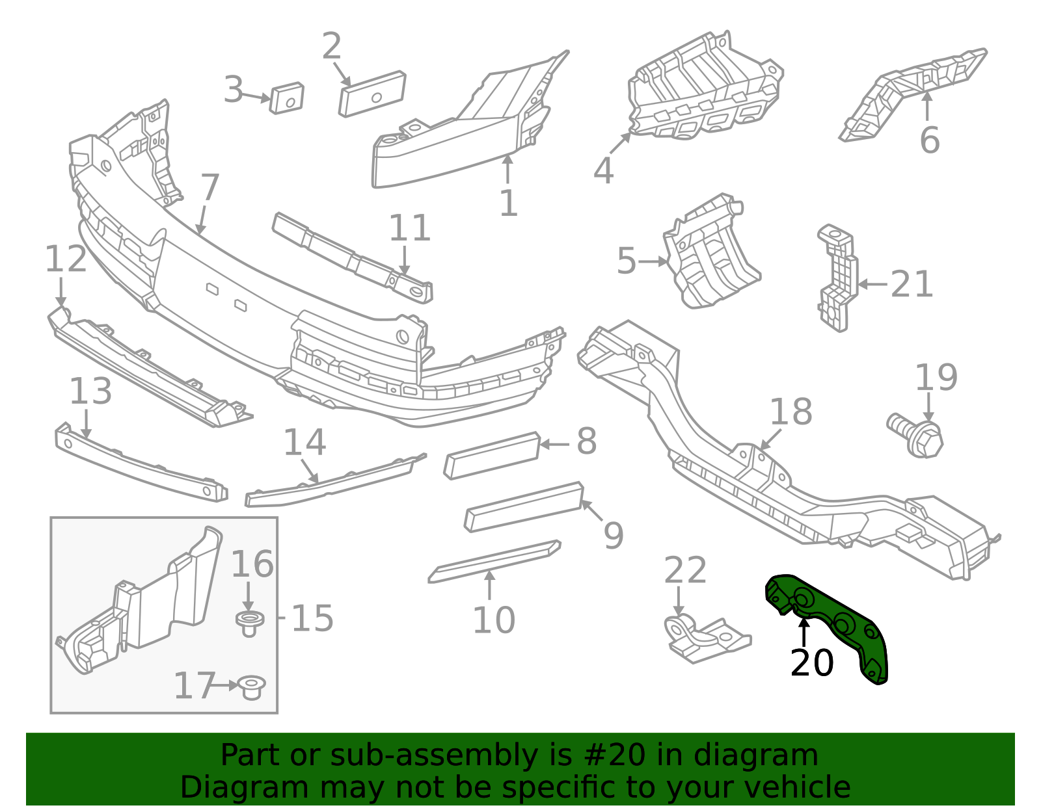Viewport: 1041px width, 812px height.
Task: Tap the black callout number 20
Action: click(x=812, y=663)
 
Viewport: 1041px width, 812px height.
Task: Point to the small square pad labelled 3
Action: click(x=286, y=98)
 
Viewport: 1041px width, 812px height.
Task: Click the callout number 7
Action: click(x=210, y=188)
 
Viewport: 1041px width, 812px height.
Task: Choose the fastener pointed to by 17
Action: click(x=252, y=688)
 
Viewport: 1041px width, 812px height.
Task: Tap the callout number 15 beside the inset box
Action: click(x=312, y=618)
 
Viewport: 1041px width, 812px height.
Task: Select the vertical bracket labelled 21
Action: click(x=837, y=278)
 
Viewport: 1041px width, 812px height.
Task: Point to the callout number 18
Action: click(x=791, y=412)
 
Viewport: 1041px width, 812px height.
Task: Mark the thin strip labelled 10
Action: click(x=494, y=561)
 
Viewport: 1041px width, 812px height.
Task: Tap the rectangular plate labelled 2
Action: click(x=372, y=94)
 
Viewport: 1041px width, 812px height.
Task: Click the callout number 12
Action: click(x=66, y=259)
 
